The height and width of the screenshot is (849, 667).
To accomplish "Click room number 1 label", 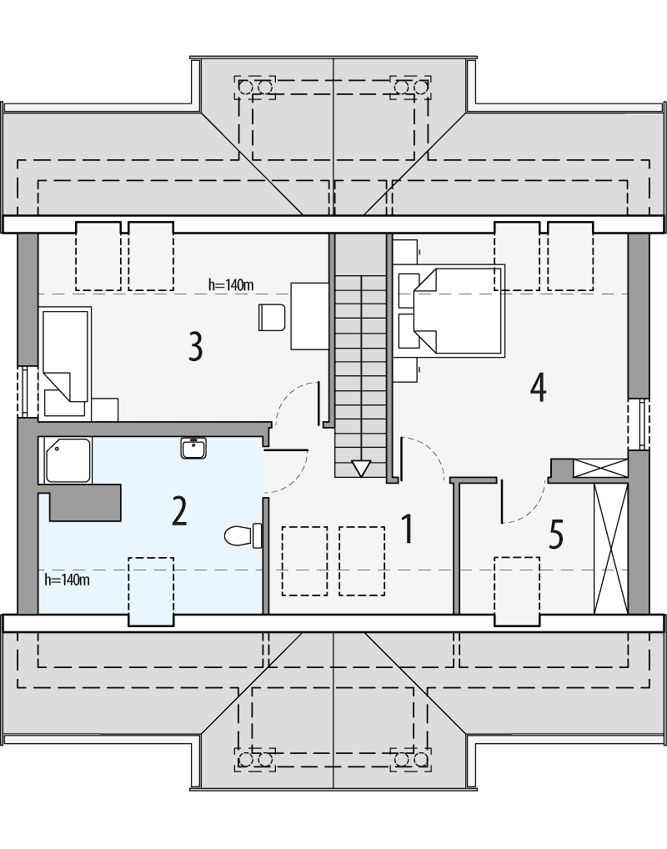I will click(407, 530).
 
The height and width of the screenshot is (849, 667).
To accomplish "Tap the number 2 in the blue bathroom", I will click(178, 511).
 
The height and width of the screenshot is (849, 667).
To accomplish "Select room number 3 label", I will click(194, 346).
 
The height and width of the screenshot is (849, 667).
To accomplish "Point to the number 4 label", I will click(538, 386).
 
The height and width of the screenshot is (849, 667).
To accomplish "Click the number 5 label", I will click(557, 535).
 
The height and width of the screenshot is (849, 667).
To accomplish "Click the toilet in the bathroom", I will click(243, 534).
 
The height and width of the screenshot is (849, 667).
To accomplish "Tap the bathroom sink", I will click(194, 448).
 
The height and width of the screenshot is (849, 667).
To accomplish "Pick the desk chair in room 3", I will click(272, 316).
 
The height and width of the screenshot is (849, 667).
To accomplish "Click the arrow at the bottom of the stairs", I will click(360, 469).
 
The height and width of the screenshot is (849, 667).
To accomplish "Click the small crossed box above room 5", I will click(599, 468).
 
